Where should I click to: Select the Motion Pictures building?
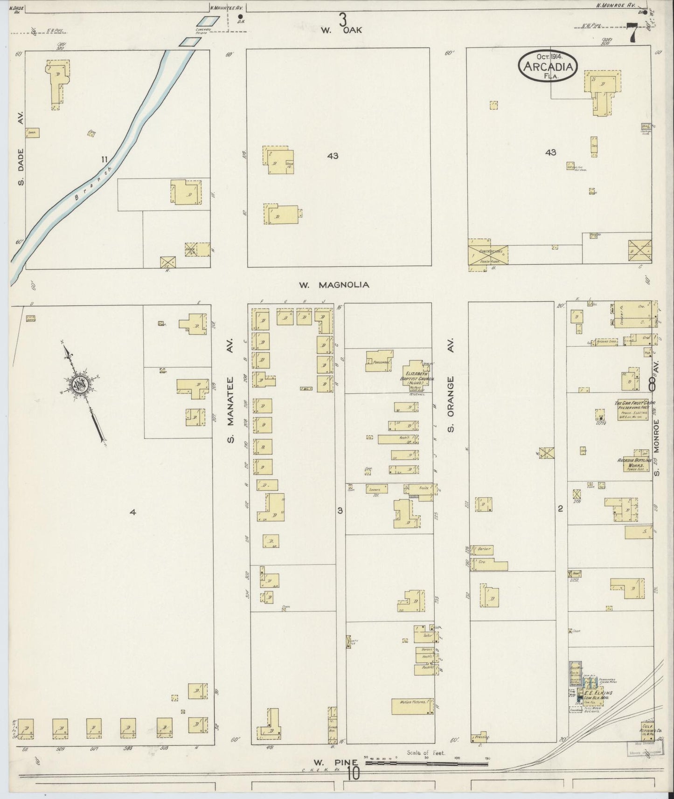(x=412, y=707)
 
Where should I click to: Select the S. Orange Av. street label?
(x=451, y=385)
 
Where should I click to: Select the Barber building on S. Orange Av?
(x=482, y=549)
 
